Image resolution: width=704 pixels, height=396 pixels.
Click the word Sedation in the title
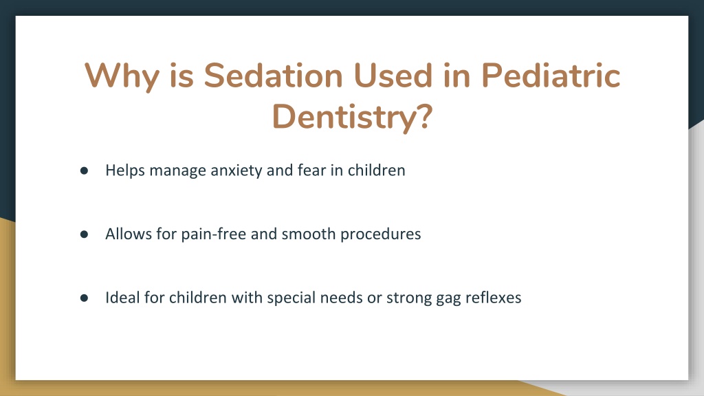pyautogui.click(x=274, y=75)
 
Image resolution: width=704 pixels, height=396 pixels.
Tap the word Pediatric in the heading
pyautogui.click(x=551, y=75)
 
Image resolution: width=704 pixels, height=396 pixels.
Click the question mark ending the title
pyautogui.click(x=423, y=115)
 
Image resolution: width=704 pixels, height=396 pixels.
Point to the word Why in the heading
pyautogui.click(x=122, y=77)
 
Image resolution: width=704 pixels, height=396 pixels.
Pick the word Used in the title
pyautogui.click(x=393, y=75)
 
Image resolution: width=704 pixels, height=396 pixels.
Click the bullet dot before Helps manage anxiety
pyautogui.click(x=84, y=170)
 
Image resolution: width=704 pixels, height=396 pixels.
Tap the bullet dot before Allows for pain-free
pyautogui.click(x=84, y=234)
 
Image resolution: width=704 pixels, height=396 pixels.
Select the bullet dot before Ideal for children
pyautogui.click(x=84, y=298)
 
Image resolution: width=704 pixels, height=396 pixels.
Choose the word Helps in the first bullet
pyautogui.click(x=125, y=171)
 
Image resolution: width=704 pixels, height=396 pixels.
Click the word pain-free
pyautogui.click(x=213, y=234)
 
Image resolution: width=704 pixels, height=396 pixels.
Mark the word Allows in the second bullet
pyautogui.click(x=129, y=234)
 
